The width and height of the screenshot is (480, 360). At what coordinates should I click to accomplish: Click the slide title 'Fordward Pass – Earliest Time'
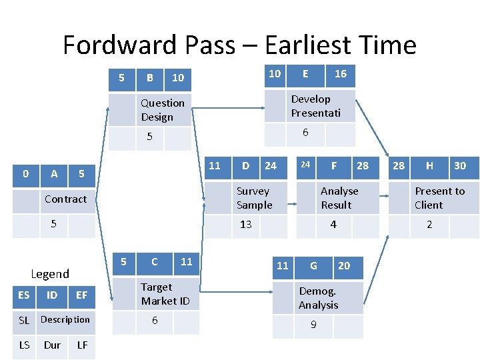(x=239, y=45)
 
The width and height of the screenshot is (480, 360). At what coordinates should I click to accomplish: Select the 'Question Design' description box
(x=163, y=110)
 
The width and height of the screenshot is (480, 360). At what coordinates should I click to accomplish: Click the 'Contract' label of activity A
(x=65, y=199)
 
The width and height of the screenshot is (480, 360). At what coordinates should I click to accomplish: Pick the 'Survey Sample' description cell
(x=255, y=198)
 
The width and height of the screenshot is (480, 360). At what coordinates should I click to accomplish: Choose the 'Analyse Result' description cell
(x=339, y=198)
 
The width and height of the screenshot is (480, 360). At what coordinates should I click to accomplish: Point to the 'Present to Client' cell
(x=439, y=198)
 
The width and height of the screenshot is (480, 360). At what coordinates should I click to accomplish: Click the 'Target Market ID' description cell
(x=165, y=294)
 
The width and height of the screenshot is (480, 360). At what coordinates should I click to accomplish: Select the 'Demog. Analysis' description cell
(x=318, y=298)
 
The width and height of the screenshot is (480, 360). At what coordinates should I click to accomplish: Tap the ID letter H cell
(x=429, y=166)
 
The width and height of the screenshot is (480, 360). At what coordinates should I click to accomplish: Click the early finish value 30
(x=460, y=166)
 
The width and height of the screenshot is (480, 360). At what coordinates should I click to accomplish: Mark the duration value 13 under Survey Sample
(x=246, y=225)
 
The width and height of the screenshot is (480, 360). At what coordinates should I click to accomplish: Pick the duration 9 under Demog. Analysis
(x=313, y=326)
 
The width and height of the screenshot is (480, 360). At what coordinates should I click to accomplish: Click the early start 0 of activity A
(x=25, y=174)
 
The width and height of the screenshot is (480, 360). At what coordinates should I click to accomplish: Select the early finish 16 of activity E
(x=341, y=74)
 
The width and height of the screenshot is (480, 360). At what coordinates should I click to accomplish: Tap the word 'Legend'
(x=50, y=274)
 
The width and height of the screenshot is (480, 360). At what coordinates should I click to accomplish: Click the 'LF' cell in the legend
(x=82, y=345)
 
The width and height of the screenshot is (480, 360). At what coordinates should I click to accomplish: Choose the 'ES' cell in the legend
(x=24, y=295)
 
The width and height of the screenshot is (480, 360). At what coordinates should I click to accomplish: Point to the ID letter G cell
(x=313, y=266)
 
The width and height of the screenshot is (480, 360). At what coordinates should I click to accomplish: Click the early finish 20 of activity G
(x=344, y=266)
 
